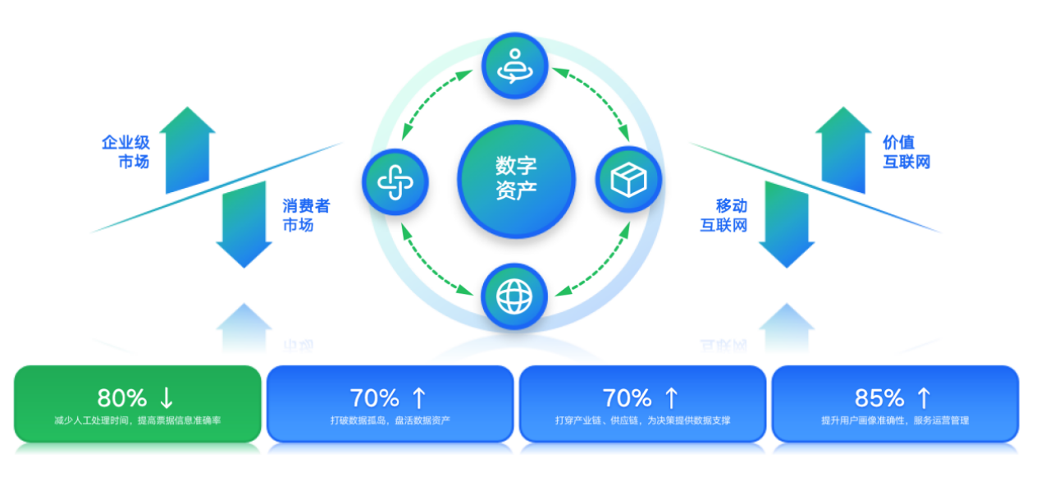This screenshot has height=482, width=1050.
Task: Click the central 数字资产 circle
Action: [x=516, y=179]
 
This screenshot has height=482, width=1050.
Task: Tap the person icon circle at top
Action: [x=515, y=66]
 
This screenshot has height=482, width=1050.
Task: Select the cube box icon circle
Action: [x=628, y=179]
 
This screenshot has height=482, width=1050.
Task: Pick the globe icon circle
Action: [x=514, y=296]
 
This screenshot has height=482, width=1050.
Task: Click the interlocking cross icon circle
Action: [x=395, y=182]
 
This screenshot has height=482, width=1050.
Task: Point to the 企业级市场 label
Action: [x=126, y=152]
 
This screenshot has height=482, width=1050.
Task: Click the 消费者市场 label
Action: [x=306, y=215]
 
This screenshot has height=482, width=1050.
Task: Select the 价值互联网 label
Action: [x=906, y=152]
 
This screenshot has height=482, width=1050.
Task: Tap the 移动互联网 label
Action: [x=724, y=215]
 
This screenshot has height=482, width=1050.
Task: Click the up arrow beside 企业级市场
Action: [x=188, y=149]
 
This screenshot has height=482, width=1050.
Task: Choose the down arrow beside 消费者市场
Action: [x=244, y=225]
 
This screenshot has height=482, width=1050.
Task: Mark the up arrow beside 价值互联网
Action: [x=843, y=149]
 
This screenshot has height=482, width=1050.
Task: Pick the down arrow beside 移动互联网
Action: [x=787, y=225]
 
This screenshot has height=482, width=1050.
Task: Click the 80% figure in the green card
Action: [x=122, y=398]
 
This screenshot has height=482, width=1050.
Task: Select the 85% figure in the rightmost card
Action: [x=879, y=398]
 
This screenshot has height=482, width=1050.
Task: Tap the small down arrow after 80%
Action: [x=167, y=398]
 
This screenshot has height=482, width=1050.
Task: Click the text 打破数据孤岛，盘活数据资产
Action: [x=390, y=420]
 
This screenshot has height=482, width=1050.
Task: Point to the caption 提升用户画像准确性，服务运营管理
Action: [x=895, y=420]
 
